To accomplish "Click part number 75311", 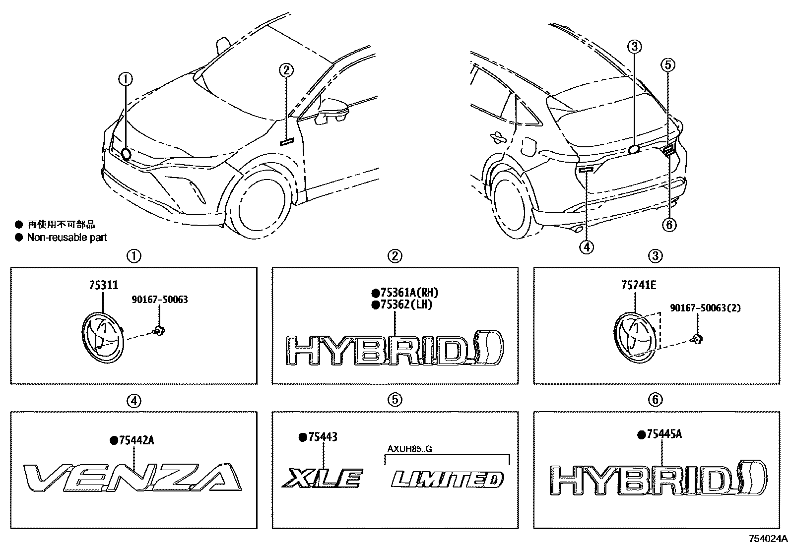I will click(103, 285).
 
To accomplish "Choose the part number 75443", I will click(322, 437).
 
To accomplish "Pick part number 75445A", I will click(663, 434).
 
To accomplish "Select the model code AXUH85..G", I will click(410, 450).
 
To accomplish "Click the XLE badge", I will click(323, 479).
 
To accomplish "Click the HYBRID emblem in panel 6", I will click(660, 479).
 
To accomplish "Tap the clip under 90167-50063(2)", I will click(697, 339).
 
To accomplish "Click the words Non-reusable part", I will click(67, 238).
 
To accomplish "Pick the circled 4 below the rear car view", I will click(586, 246).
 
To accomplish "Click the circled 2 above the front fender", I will click(286, 70).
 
